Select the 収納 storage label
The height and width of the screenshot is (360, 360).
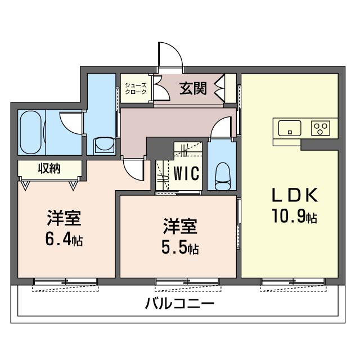[49, 168]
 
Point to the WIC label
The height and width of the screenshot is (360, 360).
[186, 173]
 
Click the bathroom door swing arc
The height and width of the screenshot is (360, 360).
[69, 121]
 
